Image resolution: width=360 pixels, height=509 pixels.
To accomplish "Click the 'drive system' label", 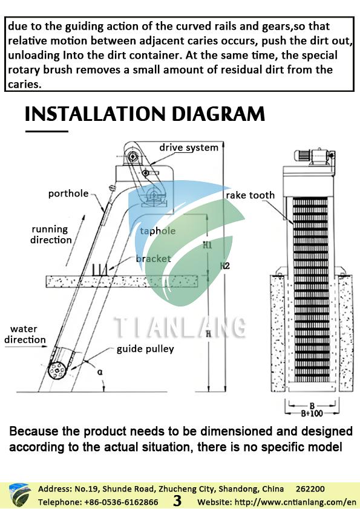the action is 188,148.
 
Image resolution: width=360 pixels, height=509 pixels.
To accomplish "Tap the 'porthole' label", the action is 68,193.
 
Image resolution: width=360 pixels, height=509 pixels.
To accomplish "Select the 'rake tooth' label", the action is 250,195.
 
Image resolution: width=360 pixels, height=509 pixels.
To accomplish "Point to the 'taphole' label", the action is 157,231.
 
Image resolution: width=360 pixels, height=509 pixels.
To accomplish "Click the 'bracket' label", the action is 153,258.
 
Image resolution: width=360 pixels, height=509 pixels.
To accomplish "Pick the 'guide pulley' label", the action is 145,349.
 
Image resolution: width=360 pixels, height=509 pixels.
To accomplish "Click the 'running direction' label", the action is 51,235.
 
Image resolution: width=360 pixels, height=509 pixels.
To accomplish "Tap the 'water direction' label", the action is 25,334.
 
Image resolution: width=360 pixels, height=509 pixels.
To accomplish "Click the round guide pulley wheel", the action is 57,370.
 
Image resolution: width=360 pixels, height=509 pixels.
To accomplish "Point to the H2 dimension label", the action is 225,266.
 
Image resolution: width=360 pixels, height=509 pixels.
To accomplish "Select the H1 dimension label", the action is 208,245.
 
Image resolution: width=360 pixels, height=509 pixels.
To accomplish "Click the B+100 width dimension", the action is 312,413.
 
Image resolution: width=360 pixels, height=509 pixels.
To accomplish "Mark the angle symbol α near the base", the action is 100,372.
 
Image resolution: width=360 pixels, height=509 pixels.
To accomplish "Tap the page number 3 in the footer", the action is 177,501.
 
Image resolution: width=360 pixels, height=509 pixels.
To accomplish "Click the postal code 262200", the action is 310,489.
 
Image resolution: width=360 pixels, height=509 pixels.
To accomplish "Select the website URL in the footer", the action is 277,502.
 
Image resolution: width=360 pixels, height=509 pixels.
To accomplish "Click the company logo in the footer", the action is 20,495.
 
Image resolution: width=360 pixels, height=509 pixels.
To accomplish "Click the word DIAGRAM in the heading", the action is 218,114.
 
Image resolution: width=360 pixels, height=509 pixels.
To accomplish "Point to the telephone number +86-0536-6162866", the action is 122,502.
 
